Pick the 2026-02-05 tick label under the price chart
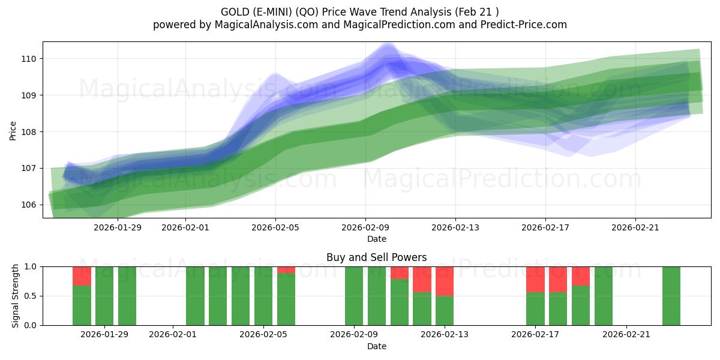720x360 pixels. [x=275, y=227]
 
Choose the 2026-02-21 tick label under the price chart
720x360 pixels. [x=635, y=227]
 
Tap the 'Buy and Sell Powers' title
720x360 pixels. [x=376, y=257]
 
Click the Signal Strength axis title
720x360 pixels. [x=16, y=296]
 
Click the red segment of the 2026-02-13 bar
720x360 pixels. [x=445, y=281]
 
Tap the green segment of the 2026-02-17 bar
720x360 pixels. [x=535, y=309]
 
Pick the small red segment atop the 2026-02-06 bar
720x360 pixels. [x=286, y=270]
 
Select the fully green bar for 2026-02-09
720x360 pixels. [x=354, y=296]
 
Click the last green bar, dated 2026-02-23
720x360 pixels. [x=671, y=296]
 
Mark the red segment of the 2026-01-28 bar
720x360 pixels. [x=82, y=276]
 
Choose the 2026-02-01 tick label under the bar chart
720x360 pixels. [x=173, y=335]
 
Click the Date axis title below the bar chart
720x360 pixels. [x=376, y=346]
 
